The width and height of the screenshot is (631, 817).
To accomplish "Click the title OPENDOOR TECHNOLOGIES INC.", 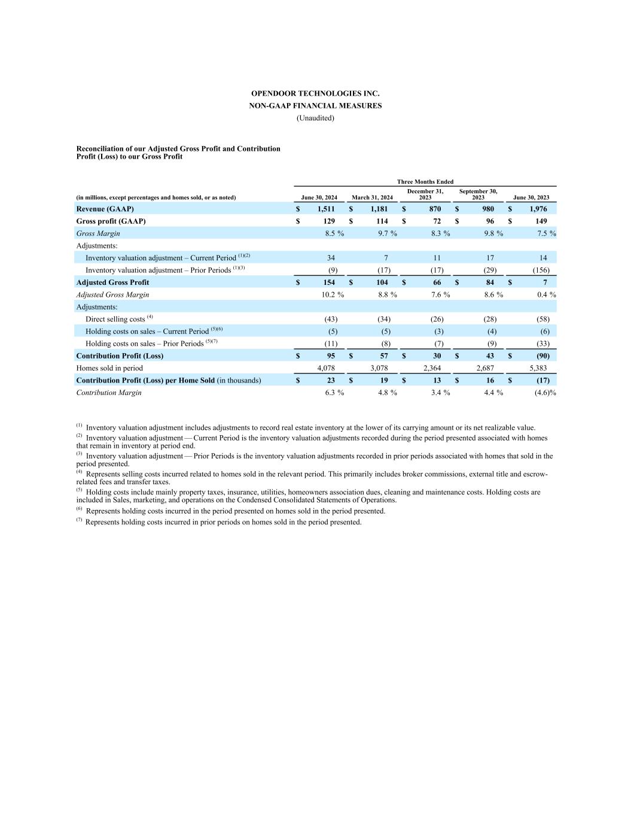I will (315, 94).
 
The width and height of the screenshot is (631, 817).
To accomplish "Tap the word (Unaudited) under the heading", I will (315, 118).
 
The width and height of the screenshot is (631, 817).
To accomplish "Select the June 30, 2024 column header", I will (319, 198).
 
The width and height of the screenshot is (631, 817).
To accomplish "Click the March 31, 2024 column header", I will (372, 198).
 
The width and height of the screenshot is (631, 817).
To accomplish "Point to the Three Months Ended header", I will (425, 182).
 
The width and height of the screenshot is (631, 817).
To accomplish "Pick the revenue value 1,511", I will (326, 209).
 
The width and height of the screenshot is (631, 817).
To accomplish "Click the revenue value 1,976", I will (538, 209).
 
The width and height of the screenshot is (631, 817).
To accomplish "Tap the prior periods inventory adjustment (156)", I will (541, 270).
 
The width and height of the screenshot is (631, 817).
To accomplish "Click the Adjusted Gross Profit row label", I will (112, 283).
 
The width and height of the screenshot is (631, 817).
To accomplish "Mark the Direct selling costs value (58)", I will (542, 319).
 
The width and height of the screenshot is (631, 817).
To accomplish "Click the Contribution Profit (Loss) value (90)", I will (542, 356).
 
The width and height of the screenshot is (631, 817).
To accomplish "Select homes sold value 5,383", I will (538, 368).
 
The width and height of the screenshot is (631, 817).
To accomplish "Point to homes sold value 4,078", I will (326, 368).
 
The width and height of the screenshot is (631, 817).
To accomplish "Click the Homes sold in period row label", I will (109, 368).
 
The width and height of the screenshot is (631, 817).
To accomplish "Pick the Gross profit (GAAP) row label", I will (111, 221).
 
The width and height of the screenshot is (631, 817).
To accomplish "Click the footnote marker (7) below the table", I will (79, 520).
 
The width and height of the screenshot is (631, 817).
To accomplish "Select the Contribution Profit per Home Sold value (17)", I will (542, 380).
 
